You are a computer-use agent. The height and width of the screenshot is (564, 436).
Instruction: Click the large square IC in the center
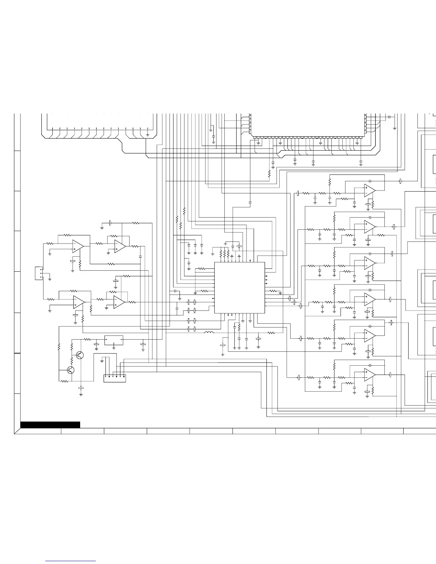pos(239,288)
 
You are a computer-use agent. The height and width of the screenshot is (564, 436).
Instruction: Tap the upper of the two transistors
pos(80,355)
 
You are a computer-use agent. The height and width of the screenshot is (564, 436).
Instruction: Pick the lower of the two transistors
pos(71,370)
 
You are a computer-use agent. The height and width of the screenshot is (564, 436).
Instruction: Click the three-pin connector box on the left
pos(39,273)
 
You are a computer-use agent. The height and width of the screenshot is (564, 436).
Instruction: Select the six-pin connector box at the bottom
pos(114,378)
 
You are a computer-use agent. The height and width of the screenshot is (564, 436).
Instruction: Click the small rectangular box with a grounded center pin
pos(114,340)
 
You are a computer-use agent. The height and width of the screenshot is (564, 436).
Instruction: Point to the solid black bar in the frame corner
pos(50,424)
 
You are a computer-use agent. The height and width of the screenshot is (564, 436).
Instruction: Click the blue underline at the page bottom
pos(71,561)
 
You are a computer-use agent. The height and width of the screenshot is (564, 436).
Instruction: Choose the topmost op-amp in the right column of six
pos(369,190)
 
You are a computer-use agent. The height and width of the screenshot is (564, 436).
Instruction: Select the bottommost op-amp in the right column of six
pos(369,375)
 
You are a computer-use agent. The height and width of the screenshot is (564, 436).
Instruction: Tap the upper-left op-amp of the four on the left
pos(78,246)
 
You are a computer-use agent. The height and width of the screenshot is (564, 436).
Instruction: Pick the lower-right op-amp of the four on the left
pos(119,302)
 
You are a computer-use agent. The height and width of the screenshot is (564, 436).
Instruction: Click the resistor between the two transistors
pos(72,361)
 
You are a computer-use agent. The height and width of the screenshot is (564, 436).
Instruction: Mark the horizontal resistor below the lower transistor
pos(64,381)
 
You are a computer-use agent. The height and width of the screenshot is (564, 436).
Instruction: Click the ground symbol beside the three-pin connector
pos(50,279)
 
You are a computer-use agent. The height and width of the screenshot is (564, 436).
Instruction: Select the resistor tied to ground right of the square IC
pos(273,291)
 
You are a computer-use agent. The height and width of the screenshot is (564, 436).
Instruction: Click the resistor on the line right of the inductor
pos(271,333)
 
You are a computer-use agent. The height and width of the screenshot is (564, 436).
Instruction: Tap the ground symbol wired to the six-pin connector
pos(102,361)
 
